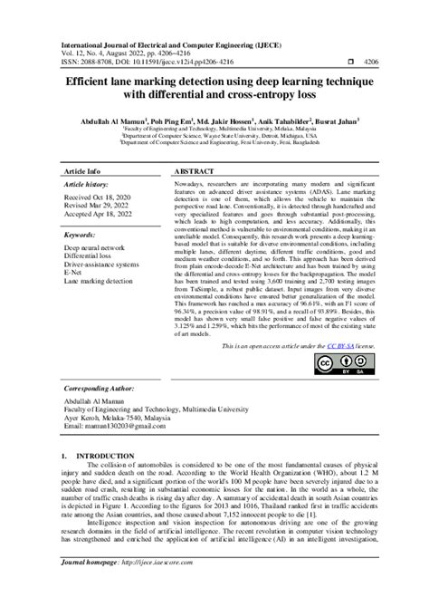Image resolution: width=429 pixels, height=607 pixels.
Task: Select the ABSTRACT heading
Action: point(193,170)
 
